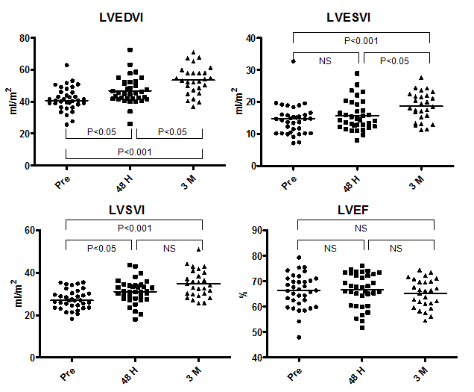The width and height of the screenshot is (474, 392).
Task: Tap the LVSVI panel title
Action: [x=133, y=211]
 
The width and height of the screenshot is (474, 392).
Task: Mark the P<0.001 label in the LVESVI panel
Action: [x=362, y=41]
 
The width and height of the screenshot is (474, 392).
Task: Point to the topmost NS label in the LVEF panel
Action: [x=362, y=228]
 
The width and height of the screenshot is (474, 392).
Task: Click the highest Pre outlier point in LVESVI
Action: [x=293, y=61]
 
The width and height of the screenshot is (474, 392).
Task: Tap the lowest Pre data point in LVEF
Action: [x=298, y=337]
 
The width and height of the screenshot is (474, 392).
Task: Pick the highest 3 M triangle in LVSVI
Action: [x=197, y=250]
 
